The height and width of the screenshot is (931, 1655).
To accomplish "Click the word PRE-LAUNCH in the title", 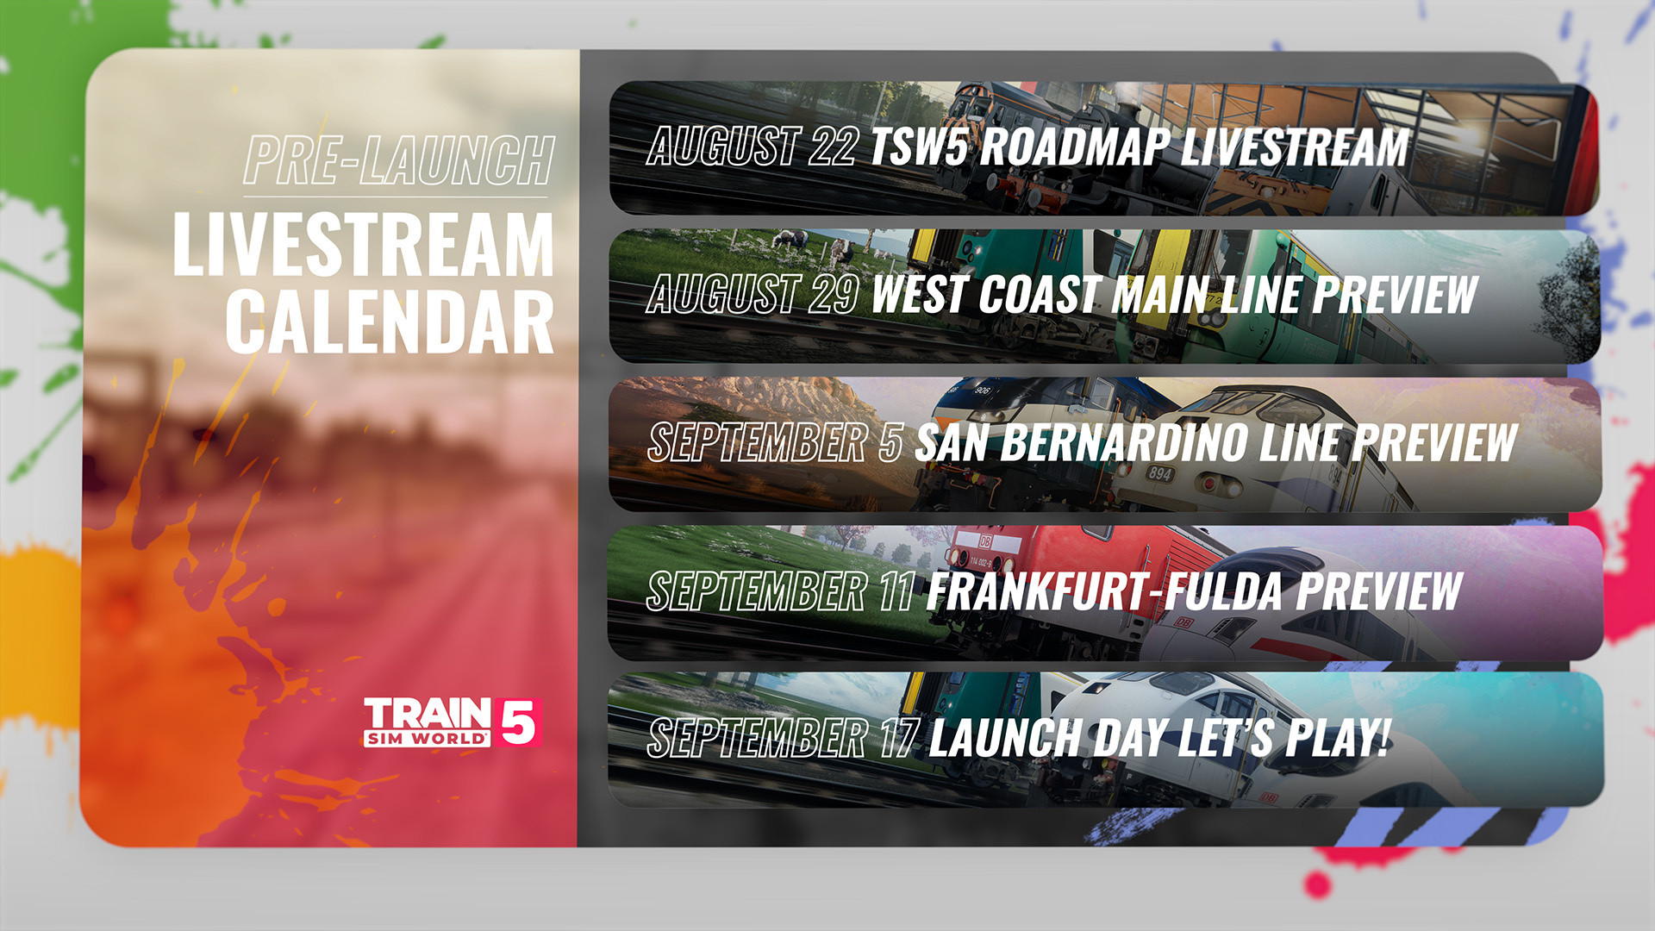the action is pos(398,160).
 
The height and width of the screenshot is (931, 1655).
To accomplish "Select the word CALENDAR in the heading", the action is pos(390,322).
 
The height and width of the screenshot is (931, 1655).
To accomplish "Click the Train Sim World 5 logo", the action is pos(452,722).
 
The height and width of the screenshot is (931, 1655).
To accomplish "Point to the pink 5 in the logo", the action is pos(518,722).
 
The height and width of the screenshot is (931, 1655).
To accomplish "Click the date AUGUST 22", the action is pos(752,146).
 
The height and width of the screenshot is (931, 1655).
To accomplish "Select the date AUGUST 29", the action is pos(753,294).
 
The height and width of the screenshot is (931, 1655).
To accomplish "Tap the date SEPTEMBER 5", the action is pos(775,442).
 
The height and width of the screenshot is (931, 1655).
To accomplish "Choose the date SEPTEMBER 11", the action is pos(780,590).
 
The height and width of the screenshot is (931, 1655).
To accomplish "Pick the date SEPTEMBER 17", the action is pos(782,738).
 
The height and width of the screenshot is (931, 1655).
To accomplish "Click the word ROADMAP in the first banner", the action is pos(1076,146).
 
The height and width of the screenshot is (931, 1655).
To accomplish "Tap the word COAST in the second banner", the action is pos(1040,294).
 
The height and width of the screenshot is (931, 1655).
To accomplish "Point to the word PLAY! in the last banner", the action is pos(1339,738).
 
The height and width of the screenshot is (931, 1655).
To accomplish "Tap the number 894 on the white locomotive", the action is pos(1160,473).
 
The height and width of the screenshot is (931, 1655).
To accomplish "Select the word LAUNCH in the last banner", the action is pos(1006,738).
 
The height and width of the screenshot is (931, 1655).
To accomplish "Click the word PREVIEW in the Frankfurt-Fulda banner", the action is pos(1380,590).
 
